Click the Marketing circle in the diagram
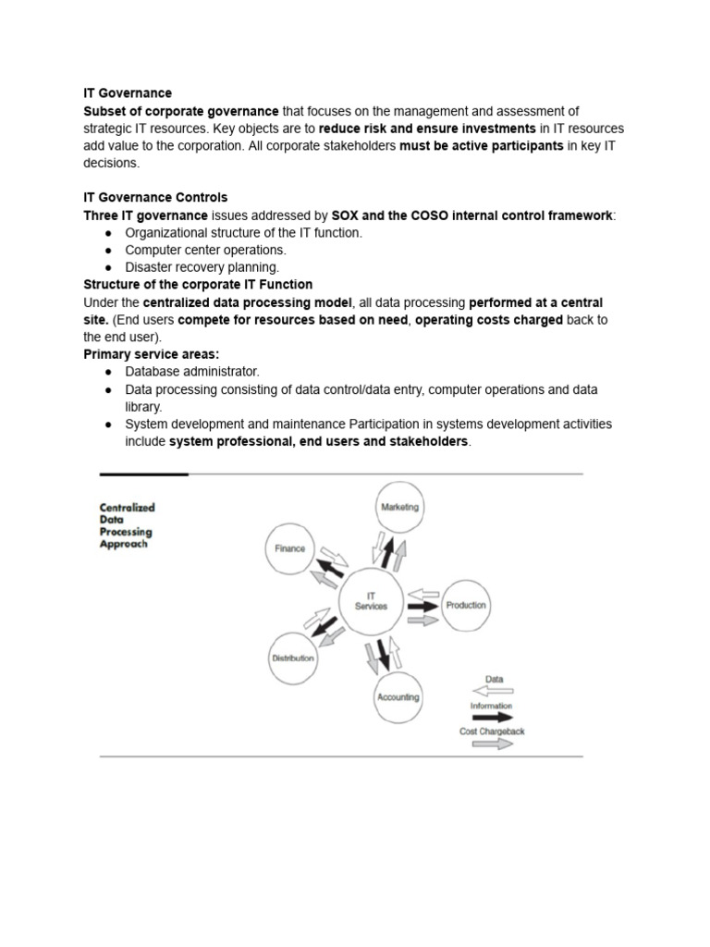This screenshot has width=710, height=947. pyautogui.click(x=399, y=507)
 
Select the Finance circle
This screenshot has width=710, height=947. pyautogui.click(x=289, y=548)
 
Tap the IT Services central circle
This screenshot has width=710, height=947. pyautogui.click(x=371, y=601)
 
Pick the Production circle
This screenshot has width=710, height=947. pyautogui.click(x=465, y=606)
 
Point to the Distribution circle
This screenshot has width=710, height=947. pyautogui.click(x=292, y=658)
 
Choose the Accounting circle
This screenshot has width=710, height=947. pyautogui.click(x=398, y=697)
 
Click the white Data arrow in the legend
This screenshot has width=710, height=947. pyautogui.click(x=494, y=690)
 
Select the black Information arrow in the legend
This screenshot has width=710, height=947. pyautogui.click(x=492, y=717)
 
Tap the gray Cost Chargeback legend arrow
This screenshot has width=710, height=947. pyautogui.click(x=492, y=743)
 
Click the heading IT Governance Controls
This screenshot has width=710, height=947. pyautogui.click(x=155, y=198)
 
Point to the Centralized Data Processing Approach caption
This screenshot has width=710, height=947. pyautogui.click(x=128, y=525)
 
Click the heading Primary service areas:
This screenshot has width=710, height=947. pyautogui.click(x=152, y=354)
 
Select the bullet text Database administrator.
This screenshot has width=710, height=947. pyautogui.click(x=192, y=372)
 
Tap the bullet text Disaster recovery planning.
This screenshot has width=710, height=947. pyautogui.click(x=202, y=267)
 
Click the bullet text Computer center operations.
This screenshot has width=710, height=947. pyautogui.click(x=205, y=250)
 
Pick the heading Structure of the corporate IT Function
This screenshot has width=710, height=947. pyautogui.click(x=198, y=285)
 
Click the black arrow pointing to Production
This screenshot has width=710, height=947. pyautogui.click(x=423, y=607)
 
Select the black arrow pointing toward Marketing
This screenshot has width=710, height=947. pyautogui.click(x=386, y=553)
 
